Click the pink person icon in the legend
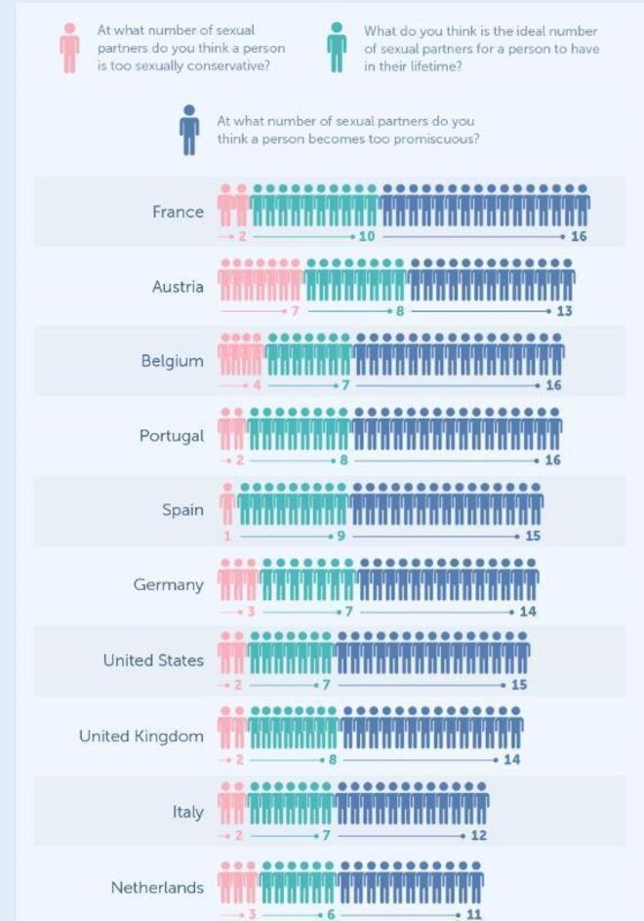point(69,48)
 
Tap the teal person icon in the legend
point(337,48)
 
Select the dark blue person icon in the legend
point(189,129)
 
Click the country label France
point(178,212)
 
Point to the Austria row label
point(178,287)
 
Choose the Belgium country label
point(172,361)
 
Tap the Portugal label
point(171,436)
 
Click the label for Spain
point(182,510)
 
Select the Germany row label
point(168,585)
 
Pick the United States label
point(153,661)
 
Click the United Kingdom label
point(141,736)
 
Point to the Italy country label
point(187,812)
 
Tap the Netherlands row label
point(157,888)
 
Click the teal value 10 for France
point(367,237)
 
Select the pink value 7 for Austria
point(294,311)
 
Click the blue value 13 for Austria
point(564,311)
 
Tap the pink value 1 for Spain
point(227,536)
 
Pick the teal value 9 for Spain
point(342,536)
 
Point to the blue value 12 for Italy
point(478,836)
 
